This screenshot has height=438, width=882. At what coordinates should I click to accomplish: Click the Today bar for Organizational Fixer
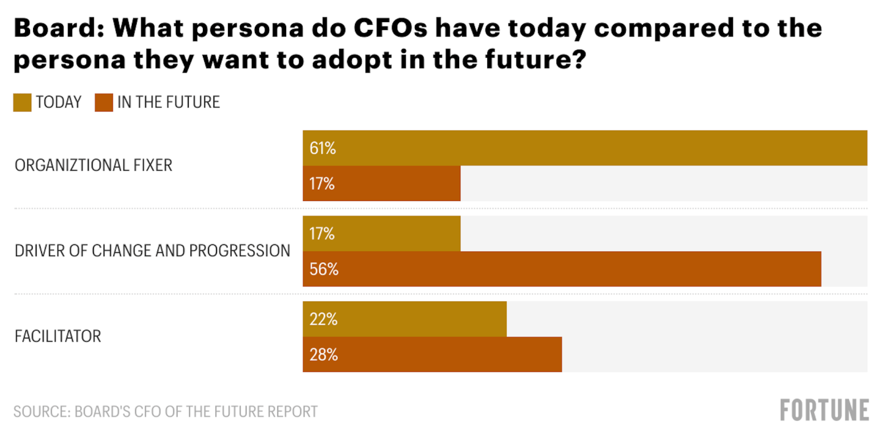click(x=585, y=148)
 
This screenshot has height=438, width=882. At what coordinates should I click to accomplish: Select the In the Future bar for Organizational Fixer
click(x=381, y=183)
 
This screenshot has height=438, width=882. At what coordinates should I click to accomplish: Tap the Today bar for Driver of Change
click(x=381, y=233)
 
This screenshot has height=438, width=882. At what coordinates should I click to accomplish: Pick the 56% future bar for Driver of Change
click(x=561, y=269)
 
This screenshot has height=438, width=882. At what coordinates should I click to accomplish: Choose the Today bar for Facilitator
click(x=405, y=319)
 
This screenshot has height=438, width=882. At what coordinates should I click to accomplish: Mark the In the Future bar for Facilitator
click(x=432, y=355)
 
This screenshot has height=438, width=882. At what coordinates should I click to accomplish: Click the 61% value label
click(x=322, y=148)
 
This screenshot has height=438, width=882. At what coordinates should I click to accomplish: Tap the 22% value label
click(x=322, y=319)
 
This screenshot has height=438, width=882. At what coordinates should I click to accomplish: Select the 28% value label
click(x=323, y=355)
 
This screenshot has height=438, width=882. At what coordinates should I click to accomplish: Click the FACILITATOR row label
click(x=58, y=336)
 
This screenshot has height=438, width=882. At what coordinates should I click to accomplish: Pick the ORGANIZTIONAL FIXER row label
click(x=93, y=165)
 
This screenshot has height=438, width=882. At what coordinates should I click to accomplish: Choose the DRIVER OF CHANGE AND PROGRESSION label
click(x=152, y=251)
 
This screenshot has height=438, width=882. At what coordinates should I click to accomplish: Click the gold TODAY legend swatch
click(x=22, y=102)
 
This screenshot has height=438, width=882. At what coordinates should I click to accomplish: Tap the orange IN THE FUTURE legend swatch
click(x=104, y=102)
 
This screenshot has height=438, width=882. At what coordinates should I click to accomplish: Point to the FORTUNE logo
click(x=824, y=410)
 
